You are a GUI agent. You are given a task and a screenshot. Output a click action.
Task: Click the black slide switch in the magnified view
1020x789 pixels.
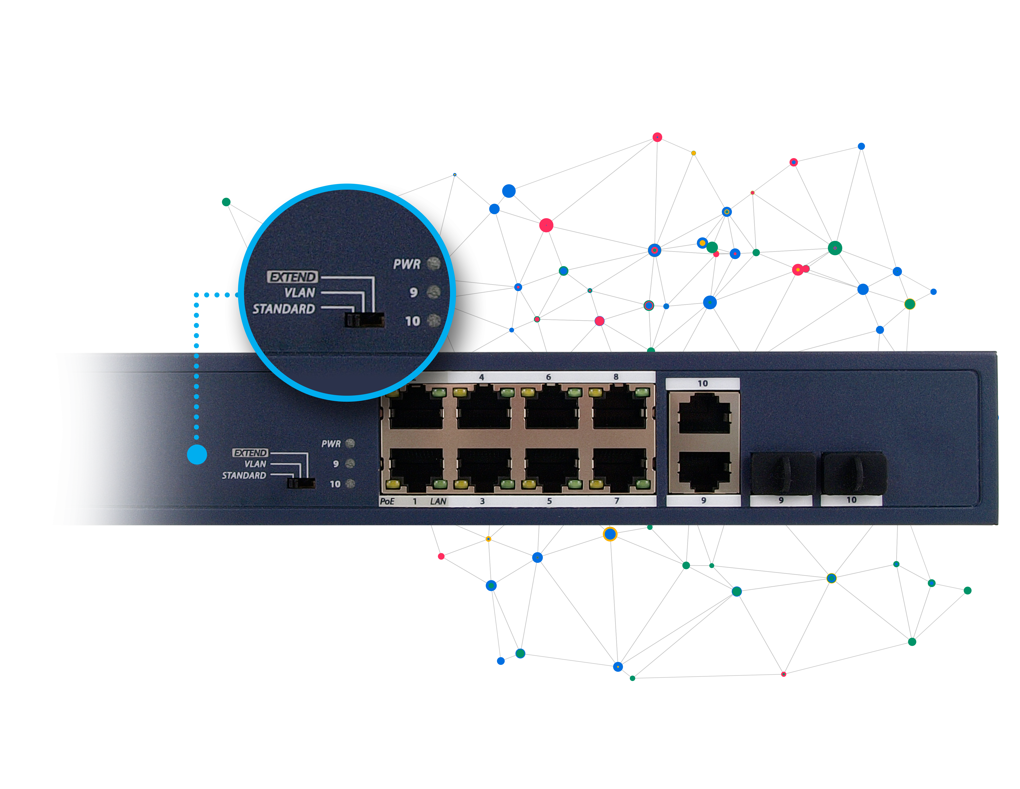364,321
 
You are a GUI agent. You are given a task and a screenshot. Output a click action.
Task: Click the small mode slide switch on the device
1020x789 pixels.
301,483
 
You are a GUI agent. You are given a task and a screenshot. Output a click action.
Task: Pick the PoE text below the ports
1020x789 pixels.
387,501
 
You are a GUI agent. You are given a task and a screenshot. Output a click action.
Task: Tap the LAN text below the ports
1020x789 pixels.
438,501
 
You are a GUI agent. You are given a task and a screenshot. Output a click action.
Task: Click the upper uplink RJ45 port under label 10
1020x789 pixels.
704,413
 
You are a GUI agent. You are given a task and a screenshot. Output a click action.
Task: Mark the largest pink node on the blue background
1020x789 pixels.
546,225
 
